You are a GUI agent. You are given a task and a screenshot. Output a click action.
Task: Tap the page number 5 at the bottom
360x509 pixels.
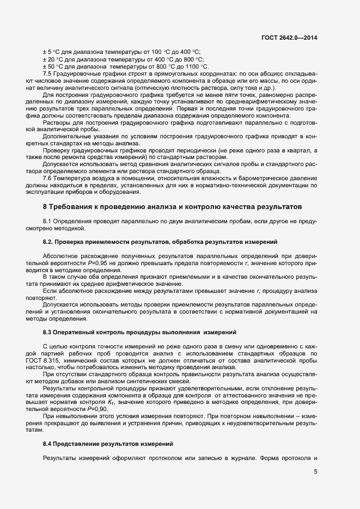[x=316, y=471]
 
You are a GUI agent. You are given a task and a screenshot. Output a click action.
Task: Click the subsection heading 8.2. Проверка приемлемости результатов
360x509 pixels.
[x=160, y=241]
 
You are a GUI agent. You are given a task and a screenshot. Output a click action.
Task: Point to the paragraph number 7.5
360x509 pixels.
[x=47, y=72]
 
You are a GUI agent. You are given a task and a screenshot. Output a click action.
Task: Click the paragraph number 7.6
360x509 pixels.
[x=47, y=179]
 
